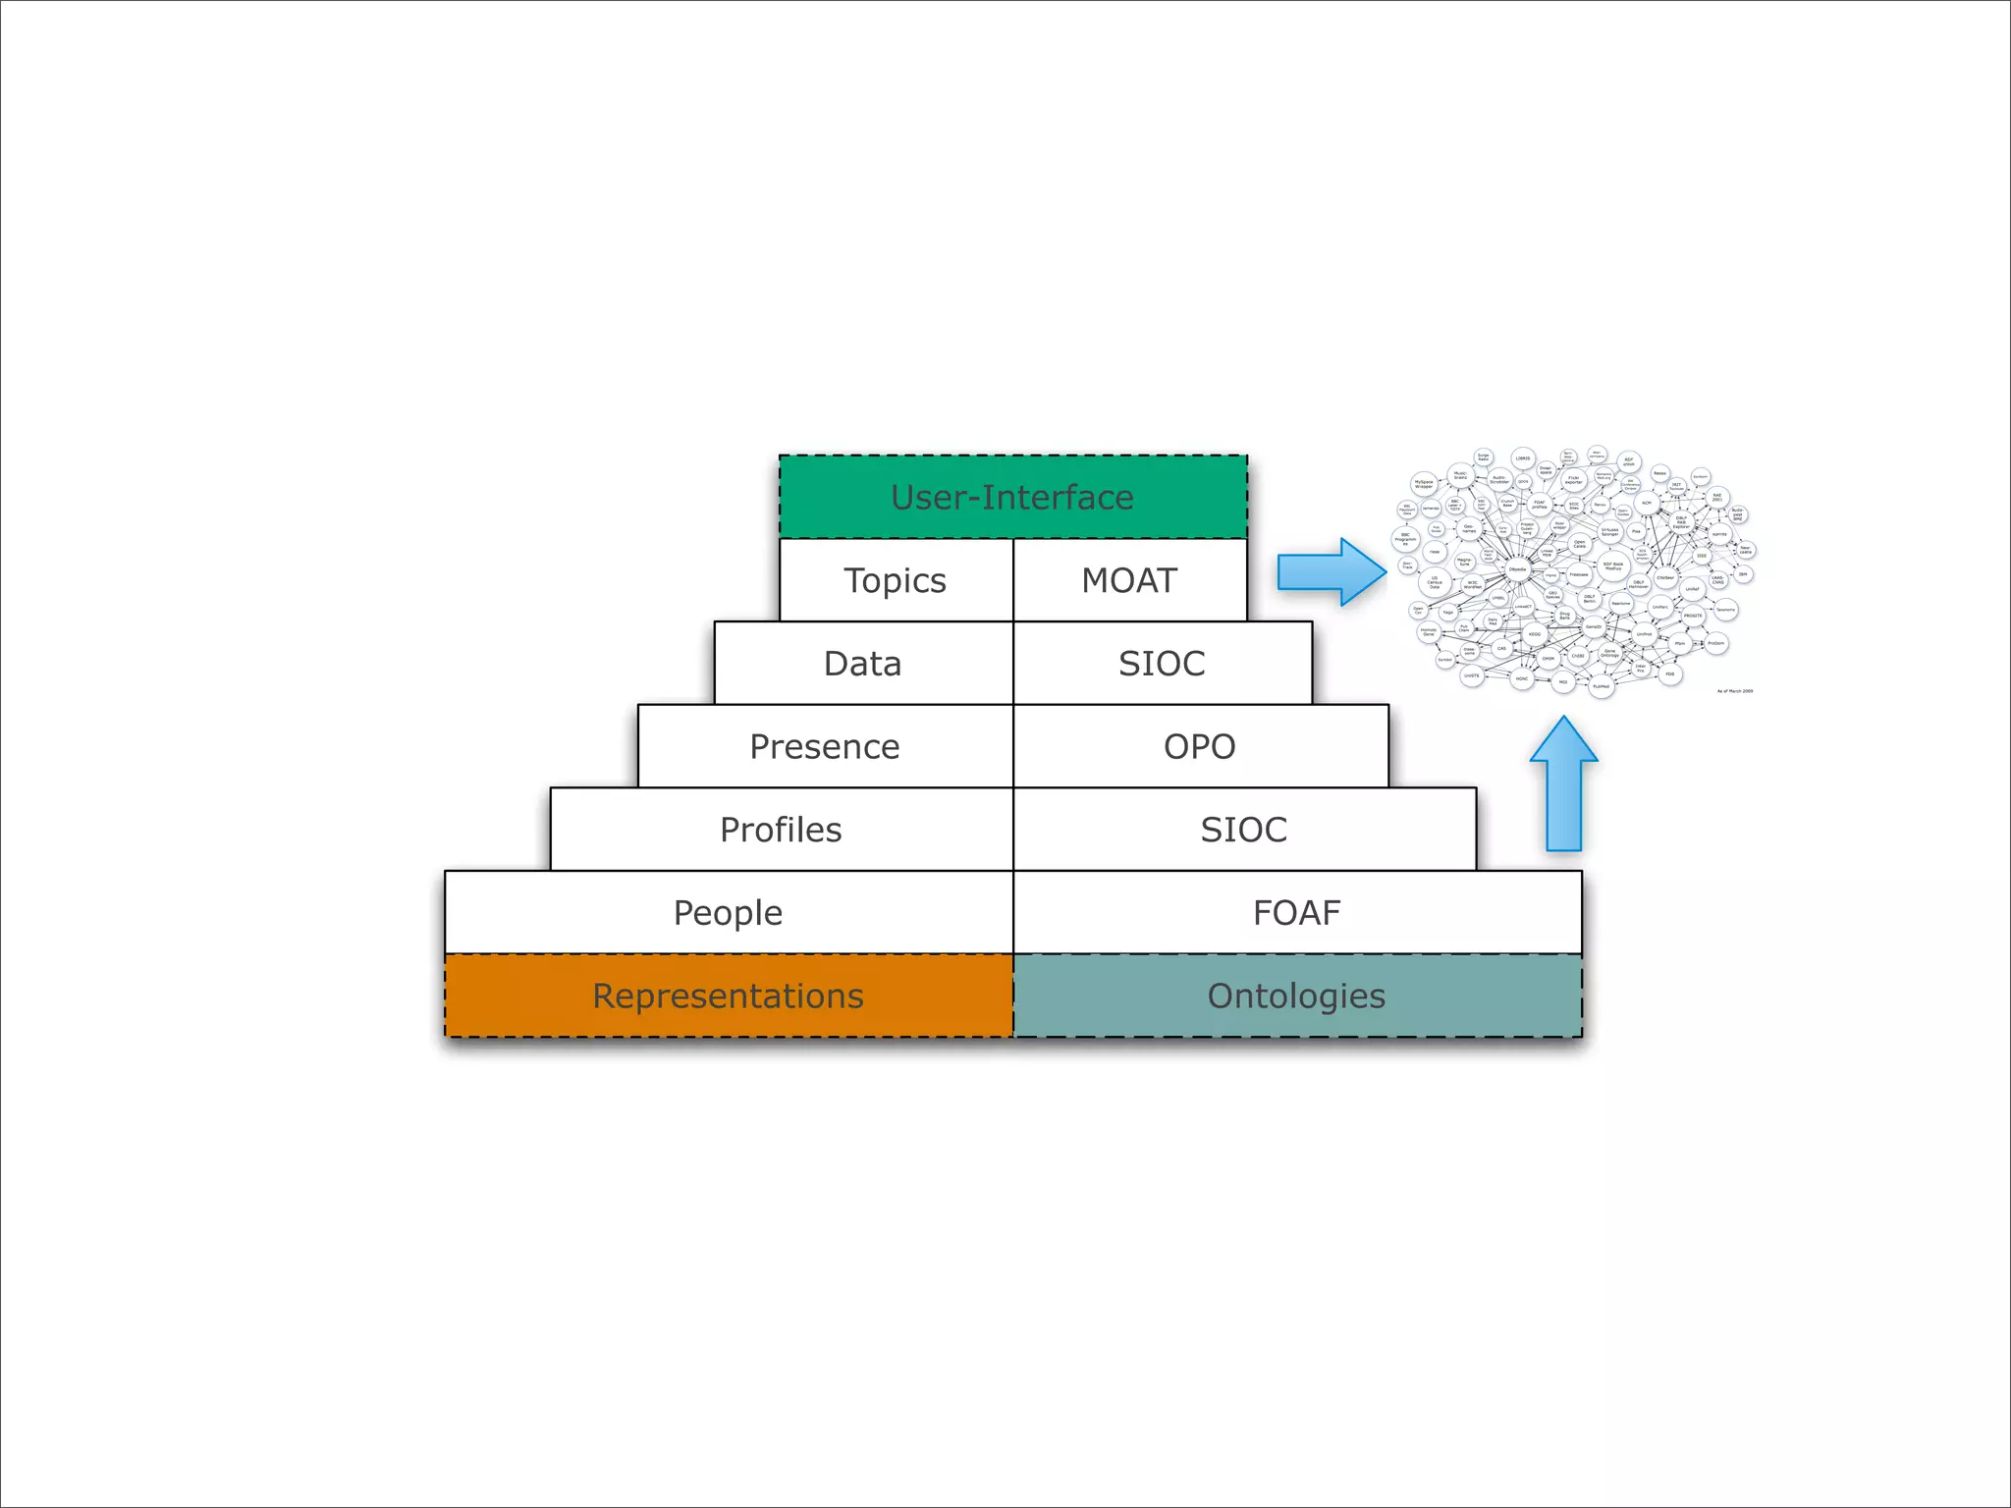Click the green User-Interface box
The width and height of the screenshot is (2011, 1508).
tap(1012, 497)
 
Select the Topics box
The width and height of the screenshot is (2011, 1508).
tap(896, 580)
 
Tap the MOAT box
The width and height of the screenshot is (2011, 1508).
tap(1129, 580)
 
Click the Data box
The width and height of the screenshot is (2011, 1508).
tap(862, 663)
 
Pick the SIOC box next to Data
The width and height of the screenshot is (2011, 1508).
tap(1162, 663)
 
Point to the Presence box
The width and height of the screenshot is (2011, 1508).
tap(825, 746)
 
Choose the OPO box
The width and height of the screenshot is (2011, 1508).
tap(1200, 746)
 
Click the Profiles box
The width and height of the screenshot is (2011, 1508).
tap(781, 830)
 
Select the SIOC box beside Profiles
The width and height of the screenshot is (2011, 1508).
tap(1243, 830)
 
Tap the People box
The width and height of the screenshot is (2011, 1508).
tap(728, 912)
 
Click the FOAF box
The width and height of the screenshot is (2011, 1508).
tap(1296, 912)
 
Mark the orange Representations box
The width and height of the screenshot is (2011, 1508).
tap(728, 996)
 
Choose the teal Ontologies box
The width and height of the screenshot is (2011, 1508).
tap(1296, 996)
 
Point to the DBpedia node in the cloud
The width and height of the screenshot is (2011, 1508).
tap(1517, 569)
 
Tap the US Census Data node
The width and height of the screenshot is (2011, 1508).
tap(1435, 583)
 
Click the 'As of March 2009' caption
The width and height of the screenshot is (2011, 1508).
tap(1734, 691)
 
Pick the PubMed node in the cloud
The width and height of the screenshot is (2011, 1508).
tap(1601, 686)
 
